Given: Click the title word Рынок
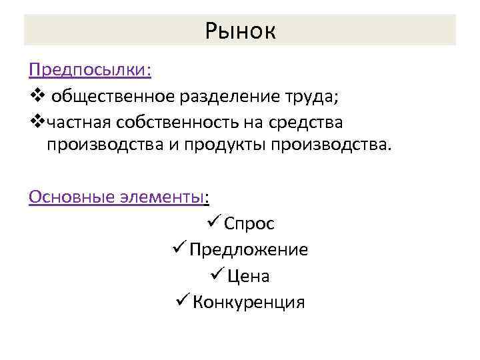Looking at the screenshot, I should click(x=240, y=31).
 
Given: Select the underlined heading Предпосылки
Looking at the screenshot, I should click(x=90, y=70).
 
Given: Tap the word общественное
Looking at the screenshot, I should click(x=113, y=97).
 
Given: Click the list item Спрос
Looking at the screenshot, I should click(x=249, y=224).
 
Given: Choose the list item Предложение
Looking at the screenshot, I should click(x=249, y=250).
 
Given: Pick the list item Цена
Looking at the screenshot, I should click(x=248, y=276).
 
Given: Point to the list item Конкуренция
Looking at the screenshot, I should click(x=249, y=302).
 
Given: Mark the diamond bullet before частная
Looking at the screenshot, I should click(x=37, y=123).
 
